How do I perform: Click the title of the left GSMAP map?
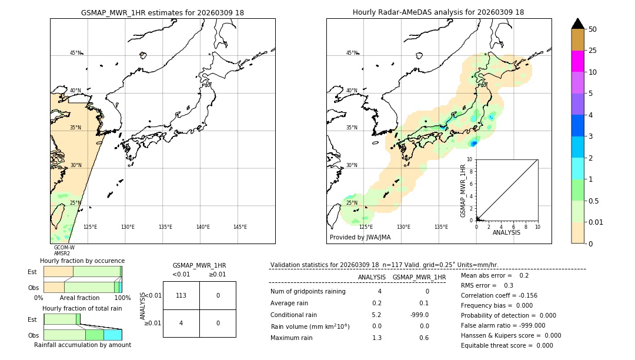(162, 12)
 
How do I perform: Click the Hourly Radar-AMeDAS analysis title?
(438, 12)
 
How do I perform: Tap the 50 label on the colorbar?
(593, 29)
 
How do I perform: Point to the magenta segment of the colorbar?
(577, 61)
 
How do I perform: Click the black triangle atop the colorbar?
(577, 24)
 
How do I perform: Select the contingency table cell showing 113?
(181, 295)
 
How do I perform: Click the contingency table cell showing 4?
(181, 323)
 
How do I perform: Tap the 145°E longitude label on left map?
(240, 227)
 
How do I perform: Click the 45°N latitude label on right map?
(352, 53)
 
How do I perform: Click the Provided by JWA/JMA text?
(360, 238)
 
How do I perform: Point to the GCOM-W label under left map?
(64, 248)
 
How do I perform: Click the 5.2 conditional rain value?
(376, 315)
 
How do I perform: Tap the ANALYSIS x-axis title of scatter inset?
(506, 233)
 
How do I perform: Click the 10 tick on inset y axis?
(470, 159)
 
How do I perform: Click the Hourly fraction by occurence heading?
(82, 261)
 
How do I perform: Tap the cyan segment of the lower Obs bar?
(112, 335)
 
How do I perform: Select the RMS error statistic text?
(487, 285)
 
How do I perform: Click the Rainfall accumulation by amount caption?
(82, 345)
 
